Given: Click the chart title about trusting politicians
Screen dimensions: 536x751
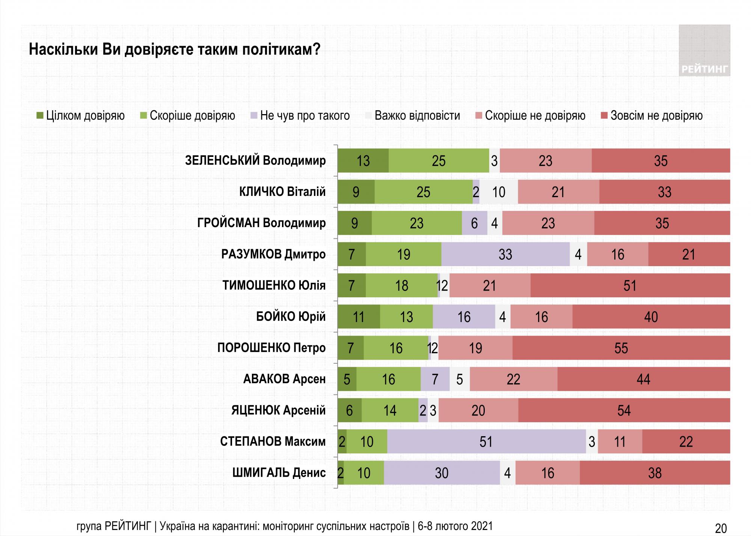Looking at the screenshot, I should point(174,50).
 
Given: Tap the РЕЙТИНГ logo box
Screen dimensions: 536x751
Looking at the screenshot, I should point(704,51).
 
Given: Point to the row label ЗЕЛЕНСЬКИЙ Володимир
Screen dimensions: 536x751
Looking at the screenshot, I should point(255,161).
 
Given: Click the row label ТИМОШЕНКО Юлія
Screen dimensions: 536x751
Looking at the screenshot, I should point(274,285).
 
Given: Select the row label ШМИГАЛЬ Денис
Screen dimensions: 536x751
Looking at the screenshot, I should point(279,473).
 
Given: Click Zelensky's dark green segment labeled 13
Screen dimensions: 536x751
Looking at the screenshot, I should point(363,161).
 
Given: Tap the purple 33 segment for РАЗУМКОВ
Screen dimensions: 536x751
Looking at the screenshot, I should point(505,254).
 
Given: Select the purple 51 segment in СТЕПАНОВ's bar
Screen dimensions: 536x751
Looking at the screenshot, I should point(486,441).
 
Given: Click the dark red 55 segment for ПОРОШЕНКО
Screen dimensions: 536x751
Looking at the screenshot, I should point(621,348).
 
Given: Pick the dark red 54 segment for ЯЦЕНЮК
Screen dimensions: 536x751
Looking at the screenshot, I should point(624,410).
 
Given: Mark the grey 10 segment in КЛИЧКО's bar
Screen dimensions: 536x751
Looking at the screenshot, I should point(499,192).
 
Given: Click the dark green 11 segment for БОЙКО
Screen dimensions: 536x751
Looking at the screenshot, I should point(359,317).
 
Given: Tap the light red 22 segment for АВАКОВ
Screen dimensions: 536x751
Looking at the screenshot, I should point(513,379).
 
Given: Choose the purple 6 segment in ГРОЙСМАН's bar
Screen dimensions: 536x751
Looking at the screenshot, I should point(474,223).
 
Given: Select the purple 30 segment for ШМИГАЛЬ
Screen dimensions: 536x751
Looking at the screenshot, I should point(442,473).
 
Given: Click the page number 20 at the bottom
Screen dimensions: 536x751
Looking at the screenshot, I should point(721,528).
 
